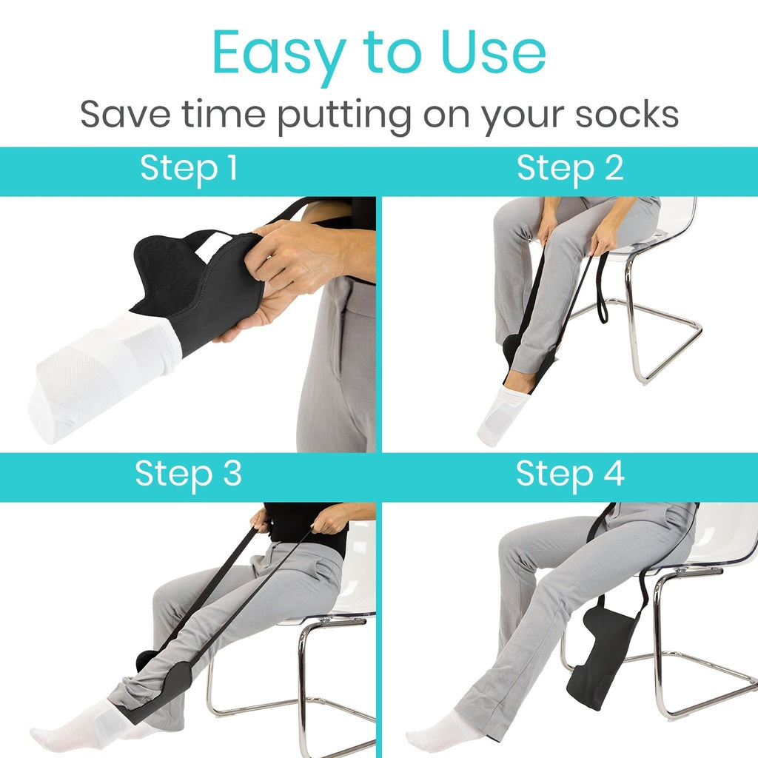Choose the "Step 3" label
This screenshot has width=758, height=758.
pos(188,474)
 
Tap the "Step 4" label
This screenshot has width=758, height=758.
pos(570,474)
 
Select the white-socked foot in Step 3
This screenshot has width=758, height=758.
pos(74,733)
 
